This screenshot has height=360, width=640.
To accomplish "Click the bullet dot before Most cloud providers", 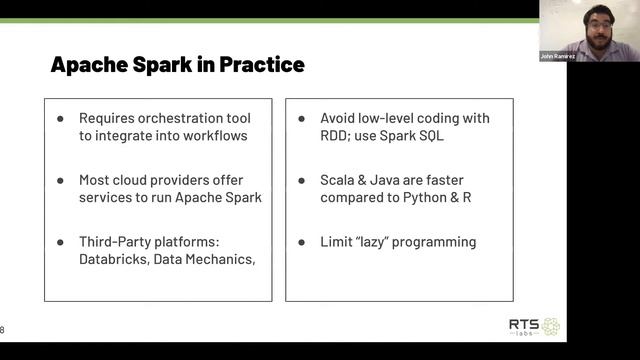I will (x=61, y=180).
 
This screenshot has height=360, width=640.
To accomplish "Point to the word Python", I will (x=424, y=197).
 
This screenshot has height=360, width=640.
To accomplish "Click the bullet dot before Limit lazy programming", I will (x=302, y=242).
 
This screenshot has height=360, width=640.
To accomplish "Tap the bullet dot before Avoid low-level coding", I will (x=302, y=118).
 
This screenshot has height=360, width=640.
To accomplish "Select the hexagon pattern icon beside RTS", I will (x=550, y=326).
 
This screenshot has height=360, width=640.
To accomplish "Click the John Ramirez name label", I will (x=556, y=56).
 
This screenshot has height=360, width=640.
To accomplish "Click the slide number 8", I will (x=3, y=329).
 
